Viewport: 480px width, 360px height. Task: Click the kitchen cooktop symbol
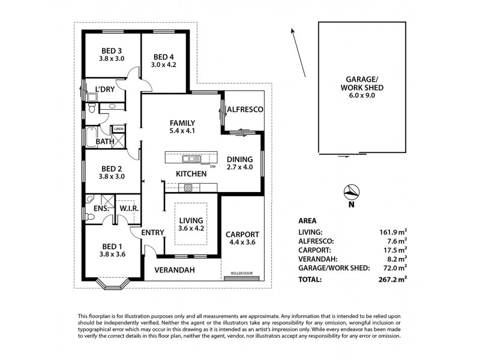(x=187, y=188)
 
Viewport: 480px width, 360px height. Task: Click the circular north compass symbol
(x=351, y=192)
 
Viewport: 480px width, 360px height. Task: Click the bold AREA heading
(x=308, y=220)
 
